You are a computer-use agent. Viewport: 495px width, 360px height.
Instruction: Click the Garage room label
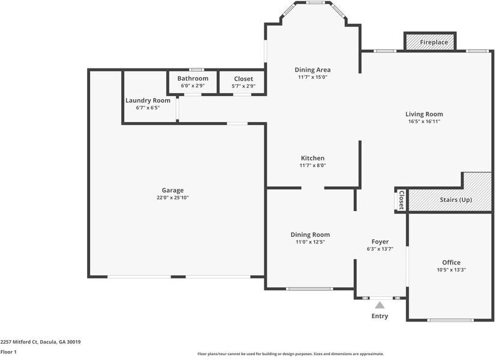coord(172,191)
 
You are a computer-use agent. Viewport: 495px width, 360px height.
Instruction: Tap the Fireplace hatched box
coord(430,41)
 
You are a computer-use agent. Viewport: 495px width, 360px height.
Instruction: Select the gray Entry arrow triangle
coord(380,305)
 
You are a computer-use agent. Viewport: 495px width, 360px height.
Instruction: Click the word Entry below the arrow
coord(380,316)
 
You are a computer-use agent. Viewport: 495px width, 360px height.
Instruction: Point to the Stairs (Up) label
coord(456,200)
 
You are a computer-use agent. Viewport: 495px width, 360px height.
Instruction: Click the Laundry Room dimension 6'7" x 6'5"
coord(148,108)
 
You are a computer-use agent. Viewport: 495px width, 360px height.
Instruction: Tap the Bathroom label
coord(193,78)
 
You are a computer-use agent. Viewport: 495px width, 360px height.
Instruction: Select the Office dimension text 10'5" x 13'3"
coord(451,270)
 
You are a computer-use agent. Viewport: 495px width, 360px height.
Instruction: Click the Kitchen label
coord(312,158)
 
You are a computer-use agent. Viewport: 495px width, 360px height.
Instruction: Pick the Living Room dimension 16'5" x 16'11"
coord(424,121)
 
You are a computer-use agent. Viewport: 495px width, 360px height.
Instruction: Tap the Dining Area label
coord(312,70)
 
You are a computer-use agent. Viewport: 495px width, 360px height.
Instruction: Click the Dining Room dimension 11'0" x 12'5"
coord(310,242)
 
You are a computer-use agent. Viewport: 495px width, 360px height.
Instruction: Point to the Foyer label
coord(380,242)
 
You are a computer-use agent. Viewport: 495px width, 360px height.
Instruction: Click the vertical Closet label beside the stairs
coord(401,200)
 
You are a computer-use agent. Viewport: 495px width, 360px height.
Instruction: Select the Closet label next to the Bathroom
coord(243,79)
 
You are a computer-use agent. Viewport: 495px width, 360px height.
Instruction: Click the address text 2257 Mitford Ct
coord(19,342)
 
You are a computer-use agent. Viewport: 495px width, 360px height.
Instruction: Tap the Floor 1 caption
coord(8,352)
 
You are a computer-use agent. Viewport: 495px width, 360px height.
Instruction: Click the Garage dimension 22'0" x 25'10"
coord(172,198)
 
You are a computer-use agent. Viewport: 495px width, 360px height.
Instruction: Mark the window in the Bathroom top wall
coord(196,70)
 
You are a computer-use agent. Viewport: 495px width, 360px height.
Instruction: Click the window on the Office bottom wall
coord(451,320)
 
